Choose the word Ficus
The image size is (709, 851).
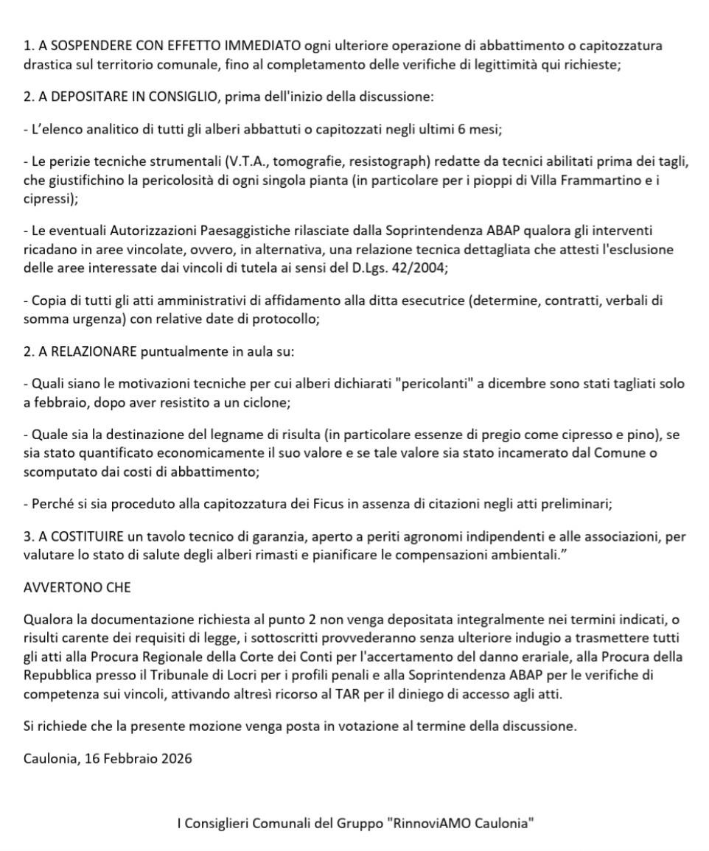299,504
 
